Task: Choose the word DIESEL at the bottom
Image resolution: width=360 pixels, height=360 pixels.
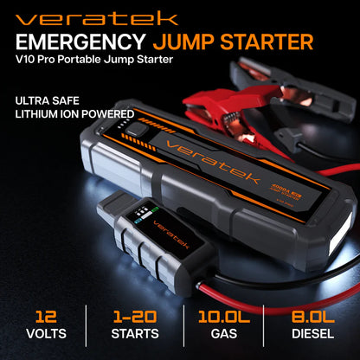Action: pyautogui.click(x=315, y=334)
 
